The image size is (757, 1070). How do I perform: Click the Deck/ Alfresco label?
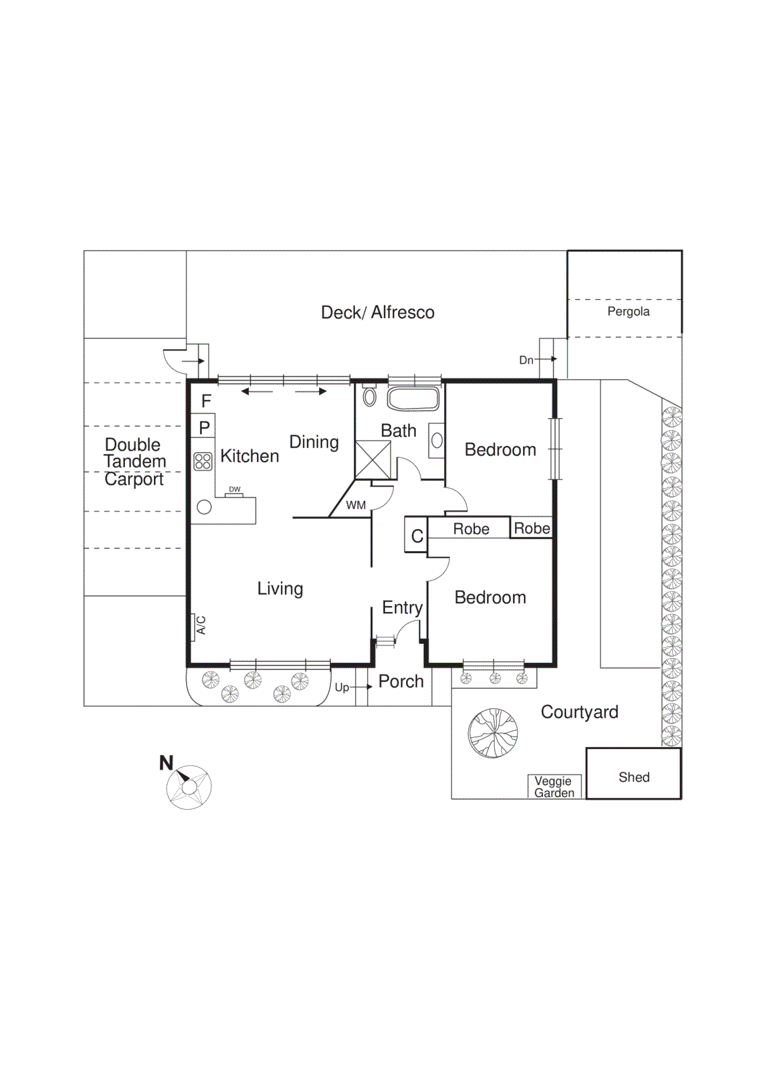coord(378,312)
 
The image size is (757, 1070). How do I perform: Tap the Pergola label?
coord(629,312)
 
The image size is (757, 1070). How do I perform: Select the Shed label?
coord(634,777)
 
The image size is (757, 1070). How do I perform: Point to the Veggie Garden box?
coord(554,786)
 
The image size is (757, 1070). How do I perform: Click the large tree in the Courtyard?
coord(493,733)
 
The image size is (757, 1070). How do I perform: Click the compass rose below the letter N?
coord(189,787)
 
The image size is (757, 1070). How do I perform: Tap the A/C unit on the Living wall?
coord(199,626)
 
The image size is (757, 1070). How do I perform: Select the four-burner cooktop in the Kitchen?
coord(203,461)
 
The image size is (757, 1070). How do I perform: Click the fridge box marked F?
coord(204,401)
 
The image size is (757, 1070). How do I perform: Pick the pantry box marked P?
coord(204,427)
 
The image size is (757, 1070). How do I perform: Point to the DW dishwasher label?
coord(235,490)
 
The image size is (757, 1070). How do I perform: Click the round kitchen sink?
coord(205,507)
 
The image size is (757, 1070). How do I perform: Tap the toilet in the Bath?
coord(369,395)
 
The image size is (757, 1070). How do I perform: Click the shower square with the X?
coord(372,459)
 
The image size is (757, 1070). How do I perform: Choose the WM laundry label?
coord(356,506)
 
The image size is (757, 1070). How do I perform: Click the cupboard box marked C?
coord(416,535)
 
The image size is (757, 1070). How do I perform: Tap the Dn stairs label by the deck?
coord(526,360)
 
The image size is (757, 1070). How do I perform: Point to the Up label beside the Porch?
coord(342,687)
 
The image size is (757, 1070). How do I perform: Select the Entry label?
coord(402,607)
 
